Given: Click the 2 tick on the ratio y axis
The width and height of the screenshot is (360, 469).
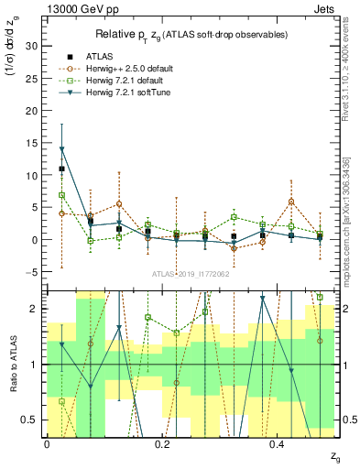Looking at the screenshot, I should [x=36, y=309].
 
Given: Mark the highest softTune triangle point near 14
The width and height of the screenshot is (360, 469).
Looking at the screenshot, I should [x=61, y=149].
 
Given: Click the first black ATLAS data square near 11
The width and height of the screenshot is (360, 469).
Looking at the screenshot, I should [x=61, y=169].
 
